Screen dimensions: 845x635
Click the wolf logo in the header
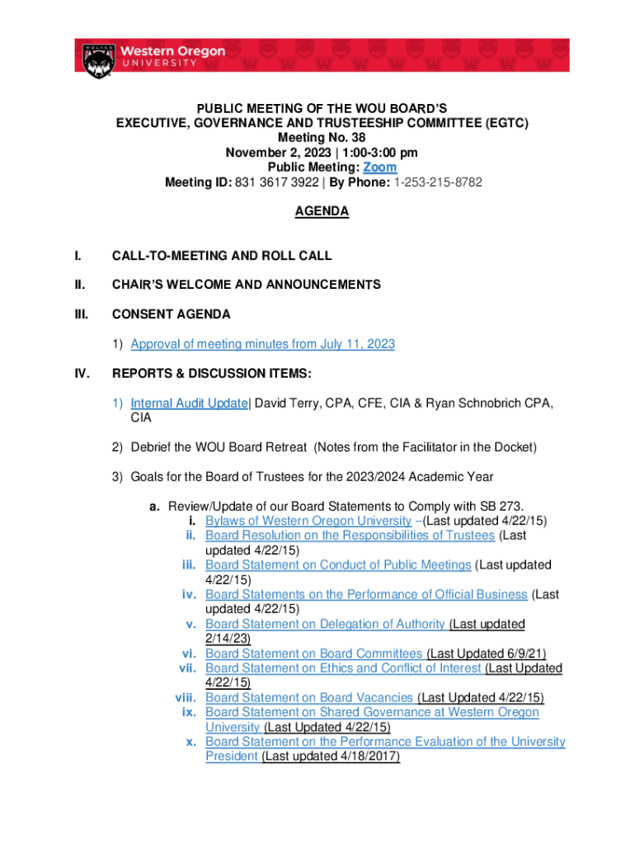tap(96, 60)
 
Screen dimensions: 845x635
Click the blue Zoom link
tap(380, 168)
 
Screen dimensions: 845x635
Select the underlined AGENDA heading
tap(322, 212)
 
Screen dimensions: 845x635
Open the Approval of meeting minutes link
tap(262, 344)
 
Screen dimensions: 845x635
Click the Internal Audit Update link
tap(189, 404)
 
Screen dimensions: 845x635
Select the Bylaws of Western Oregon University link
tap(308, 521)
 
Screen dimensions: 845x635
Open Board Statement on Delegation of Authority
tap(326, 624)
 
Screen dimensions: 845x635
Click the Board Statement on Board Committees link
tap(313, 654)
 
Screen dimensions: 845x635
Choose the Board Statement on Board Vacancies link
tap(310, 697)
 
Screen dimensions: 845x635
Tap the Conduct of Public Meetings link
tap(338, 565)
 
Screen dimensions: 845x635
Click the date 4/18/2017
tap(366, 757)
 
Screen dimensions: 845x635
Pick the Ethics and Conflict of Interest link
tap(343, 668)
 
